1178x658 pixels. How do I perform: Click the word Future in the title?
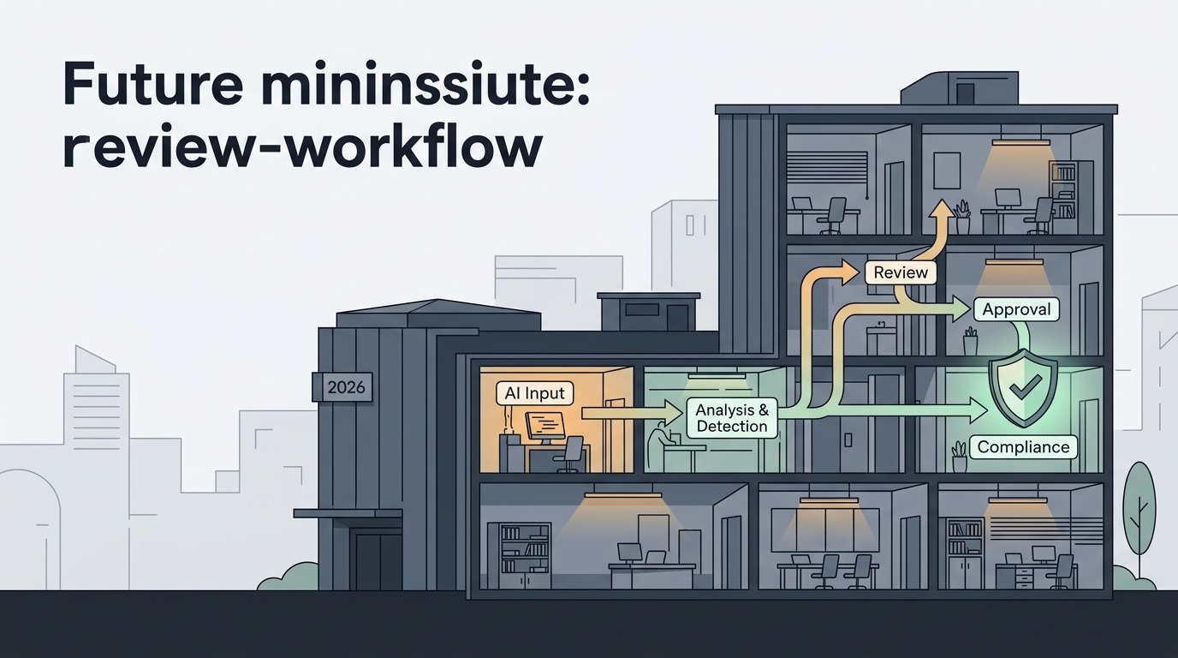[152, 84]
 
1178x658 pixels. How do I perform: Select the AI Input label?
[534, 393]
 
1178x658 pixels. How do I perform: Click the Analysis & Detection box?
[731, 418]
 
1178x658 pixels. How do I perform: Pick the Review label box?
[901, 272]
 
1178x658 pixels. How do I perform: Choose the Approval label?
[1016, 309]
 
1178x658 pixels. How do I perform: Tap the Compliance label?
[1023, 447]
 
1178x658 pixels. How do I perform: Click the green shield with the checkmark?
[1023, 388]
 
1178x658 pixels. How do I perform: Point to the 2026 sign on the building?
[346, 387]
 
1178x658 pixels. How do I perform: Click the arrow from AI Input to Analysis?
[631, 413]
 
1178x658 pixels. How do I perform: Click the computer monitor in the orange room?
[544, 428]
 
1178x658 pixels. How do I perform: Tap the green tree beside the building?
[1139, 516]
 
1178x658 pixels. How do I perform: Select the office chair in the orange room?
[570, 454]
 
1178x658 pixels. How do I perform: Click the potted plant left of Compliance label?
[960, 456]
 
